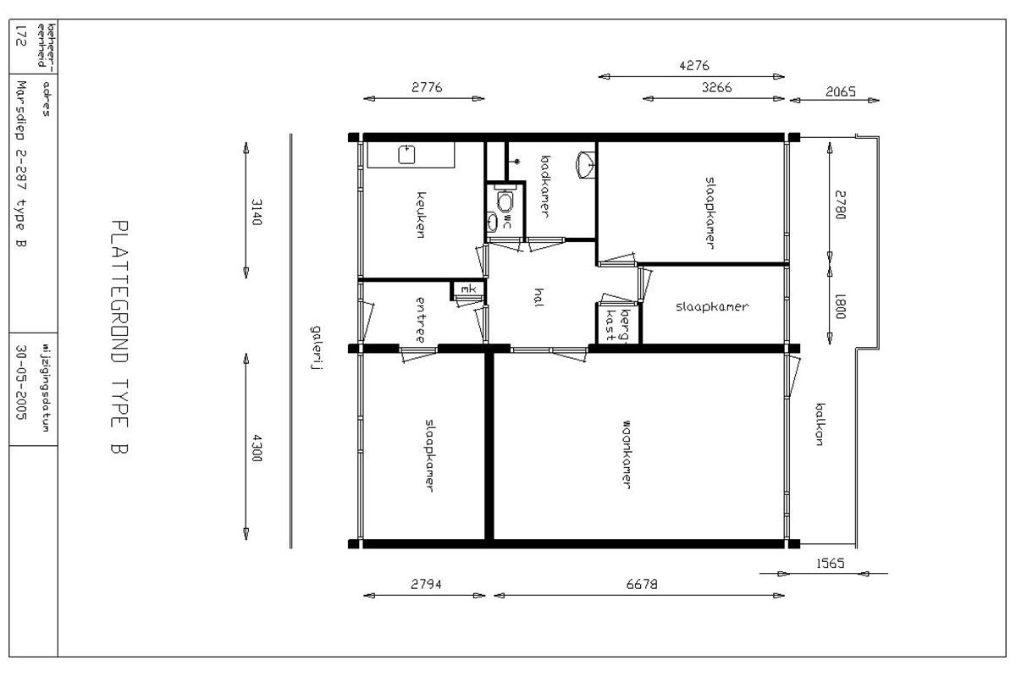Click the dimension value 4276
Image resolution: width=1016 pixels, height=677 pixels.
694,66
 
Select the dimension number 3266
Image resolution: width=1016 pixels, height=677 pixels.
716,87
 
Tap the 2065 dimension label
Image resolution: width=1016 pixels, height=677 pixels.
841,91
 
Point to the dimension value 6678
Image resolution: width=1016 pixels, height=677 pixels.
642,584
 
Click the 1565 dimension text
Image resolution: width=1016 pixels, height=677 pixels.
831,564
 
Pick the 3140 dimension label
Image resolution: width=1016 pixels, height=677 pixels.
257,212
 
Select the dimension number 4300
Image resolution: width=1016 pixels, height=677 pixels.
257,448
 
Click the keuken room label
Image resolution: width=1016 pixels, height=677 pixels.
421,214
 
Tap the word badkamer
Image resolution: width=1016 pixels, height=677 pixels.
545,186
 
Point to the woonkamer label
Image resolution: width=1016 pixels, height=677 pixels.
626,454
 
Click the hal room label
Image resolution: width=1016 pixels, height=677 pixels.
538,298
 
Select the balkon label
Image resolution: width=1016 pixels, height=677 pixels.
820,424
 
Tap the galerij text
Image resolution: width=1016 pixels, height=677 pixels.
316,348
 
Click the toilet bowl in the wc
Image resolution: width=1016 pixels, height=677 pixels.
505,200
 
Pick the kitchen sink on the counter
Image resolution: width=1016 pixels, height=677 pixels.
406,154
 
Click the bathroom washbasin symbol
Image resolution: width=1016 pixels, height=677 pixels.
586,165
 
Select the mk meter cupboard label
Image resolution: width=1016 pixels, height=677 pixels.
468,289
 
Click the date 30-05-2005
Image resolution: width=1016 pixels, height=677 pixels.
21,382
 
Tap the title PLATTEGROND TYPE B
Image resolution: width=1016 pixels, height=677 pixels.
119,337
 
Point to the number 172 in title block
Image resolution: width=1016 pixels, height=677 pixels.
21,36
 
